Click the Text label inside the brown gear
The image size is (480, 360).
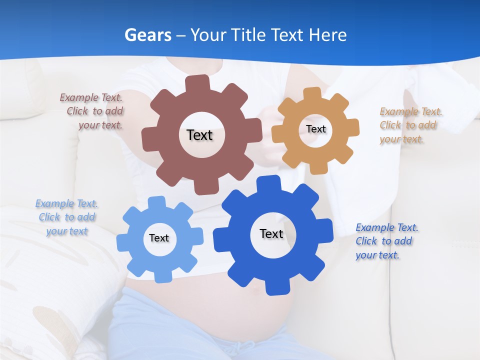click(x=199, y=135)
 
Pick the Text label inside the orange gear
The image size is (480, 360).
click(x=315, y=129)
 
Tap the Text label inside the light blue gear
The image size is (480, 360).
click(x=159, y=238)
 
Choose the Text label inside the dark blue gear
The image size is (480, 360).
click(x=271, y=233)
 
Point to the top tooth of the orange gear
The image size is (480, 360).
click(x=312, y=94)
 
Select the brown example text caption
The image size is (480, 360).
click(x=92, y=111)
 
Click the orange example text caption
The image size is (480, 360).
click(x=408, y=125)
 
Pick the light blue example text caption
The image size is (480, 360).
click(x=66, y=217)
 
